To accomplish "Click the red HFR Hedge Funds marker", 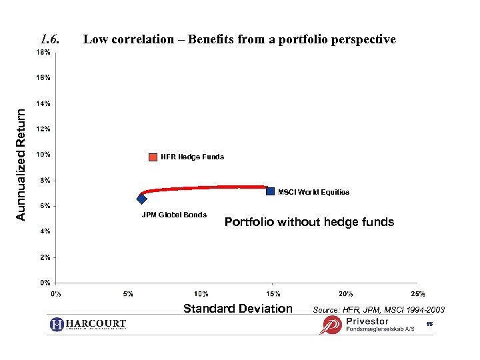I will click(154, 157).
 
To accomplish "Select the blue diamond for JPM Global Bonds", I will click(141, 199).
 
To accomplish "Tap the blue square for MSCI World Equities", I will click(270, 191).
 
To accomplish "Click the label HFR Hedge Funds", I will click(192, 157).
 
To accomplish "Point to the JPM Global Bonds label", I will click(174, 215).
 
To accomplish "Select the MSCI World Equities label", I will click(313, 192).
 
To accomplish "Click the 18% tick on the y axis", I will click(43, 52).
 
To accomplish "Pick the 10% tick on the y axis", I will click(43, 155).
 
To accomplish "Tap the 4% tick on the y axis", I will click(43, 231).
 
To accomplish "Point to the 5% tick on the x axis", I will click(129, 293).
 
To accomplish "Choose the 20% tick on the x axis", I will click(346, 293).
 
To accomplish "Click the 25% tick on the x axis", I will click(418, 293).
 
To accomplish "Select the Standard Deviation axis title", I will click(238, 308).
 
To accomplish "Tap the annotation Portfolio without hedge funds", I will click(309, 222).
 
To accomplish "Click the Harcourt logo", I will click(87, 325).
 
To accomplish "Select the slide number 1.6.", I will click(51, 39).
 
